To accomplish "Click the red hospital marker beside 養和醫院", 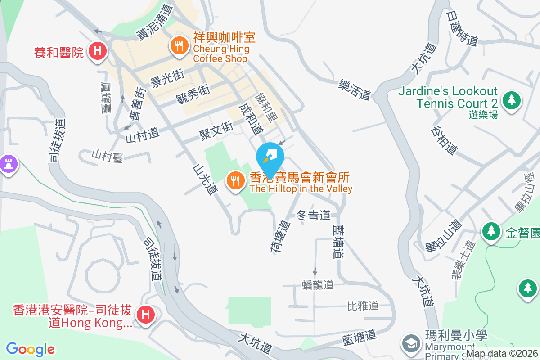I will pyautogui.click(x=98, y=51).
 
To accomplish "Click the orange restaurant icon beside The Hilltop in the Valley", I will pyautogui.click(x=234, y=182).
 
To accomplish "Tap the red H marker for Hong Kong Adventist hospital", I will pyautogui.click(x=145, y=314).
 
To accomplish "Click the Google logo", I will pyautogui.click(x=30, y=349).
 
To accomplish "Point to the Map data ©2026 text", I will pyautogui.click(x=502, y=354).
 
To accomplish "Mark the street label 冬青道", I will pyautogui.click(x=314, y=216).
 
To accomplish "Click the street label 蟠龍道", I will pyautogui.click(x=318, y=285).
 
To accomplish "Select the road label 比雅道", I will pyautogui.click(x=363, y=306).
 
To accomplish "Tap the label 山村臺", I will pyautogui.click(x=108, y=156).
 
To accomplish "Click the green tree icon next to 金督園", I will pyautogui.click(x=491, y=231).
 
